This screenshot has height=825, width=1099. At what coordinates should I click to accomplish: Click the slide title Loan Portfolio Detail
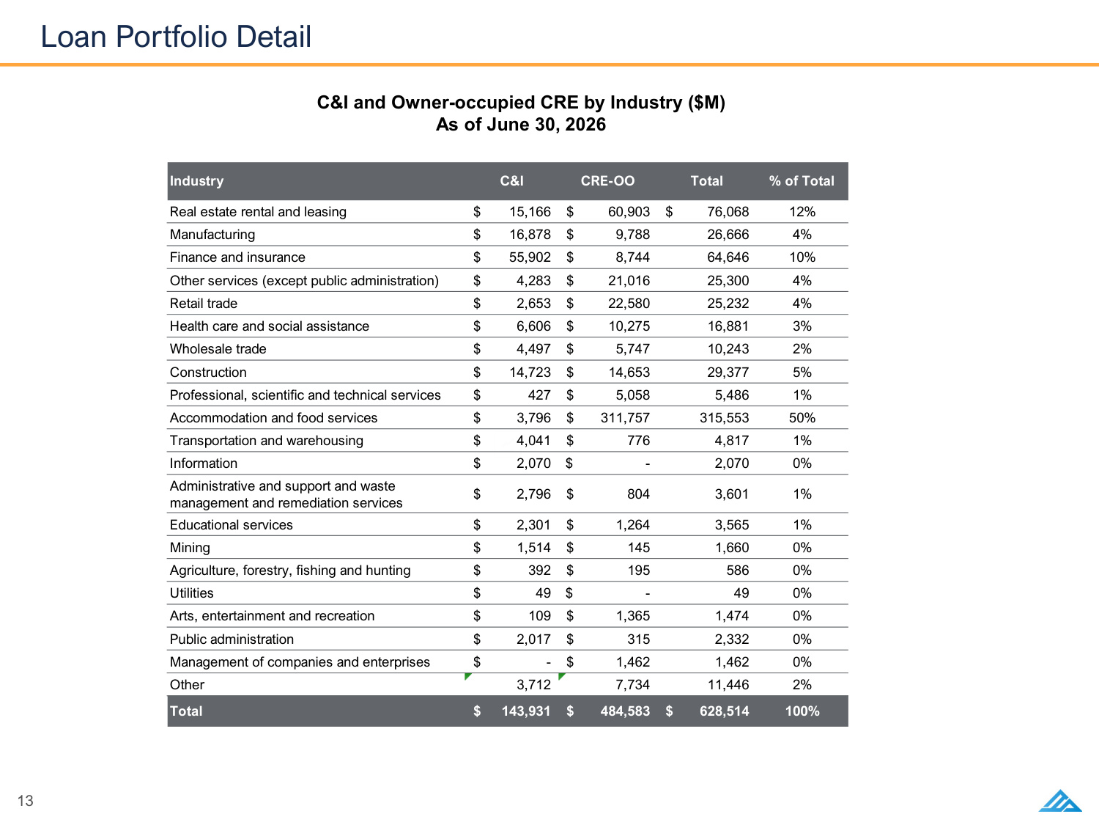click(x=176, y=37)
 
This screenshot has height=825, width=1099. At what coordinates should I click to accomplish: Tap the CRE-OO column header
click(x=607, y=181)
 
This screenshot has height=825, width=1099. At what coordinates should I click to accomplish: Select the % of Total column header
click(x=802, y=181)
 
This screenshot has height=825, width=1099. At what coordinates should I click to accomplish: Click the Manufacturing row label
click(x=212, y=235)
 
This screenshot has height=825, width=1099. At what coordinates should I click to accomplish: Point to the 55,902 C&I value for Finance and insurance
click(x=530, y=257)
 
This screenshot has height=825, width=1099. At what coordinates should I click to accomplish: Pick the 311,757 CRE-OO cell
click(x=625, y=418)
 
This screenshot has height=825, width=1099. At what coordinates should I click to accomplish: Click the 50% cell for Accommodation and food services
click(x=802, y=418)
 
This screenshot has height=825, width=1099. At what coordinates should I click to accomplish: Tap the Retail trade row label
click(x=203, y=304)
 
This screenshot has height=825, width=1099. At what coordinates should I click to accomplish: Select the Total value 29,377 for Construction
click(x=728, y=373)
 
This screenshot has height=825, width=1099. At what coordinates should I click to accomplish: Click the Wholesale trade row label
click(x=218, y=348)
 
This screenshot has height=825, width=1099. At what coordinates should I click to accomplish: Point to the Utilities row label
click(x=191, y=593)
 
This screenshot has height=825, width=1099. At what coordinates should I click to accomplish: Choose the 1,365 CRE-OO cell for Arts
click(x=633, y=615)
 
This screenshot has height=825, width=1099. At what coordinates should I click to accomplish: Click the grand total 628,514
click(x=724, y=711)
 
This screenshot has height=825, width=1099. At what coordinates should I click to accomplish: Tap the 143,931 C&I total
click(x=526, y=711)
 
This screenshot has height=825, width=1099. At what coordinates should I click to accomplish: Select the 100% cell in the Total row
click(x=802, y=711)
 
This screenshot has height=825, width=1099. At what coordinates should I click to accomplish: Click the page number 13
click(x=26, y=801)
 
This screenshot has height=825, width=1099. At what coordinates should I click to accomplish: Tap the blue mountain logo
click(x=1060, y=801)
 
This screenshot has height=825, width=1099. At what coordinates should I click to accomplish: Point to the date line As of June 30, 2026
click(x=521, y=124)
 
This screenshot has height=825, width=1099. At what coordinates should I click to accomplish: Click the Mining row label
click(x=190, y=548)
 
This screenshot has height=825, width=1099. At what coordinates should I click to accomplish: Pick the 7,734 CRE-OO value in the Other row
click(x=633, y=685)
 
